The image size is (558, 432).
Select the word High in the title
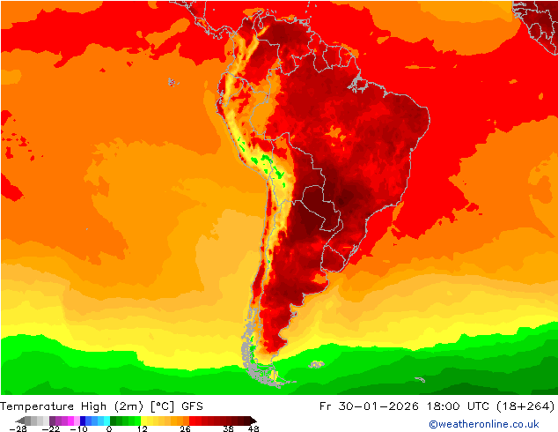[92, 406]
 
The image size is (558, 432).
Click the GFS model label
[194, 406]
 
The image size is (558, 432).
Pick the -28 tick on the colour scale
[18, 428]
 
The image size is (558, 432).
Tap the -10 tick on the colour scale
[79, 428]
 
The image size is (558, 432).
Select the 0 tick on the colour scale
[109, 428]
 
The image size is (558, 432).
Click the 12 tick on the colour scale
[141, 428]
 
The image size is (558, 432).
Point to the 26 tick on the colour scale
[185, 428]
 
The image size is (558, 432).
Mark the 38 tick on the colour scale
[229, 428]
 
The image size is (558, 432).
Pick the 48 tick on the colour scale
[253, 428]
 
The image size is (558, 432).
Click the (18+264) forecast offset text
[525, 406]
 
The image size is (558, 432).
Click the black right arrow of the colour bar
[252, 421]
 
